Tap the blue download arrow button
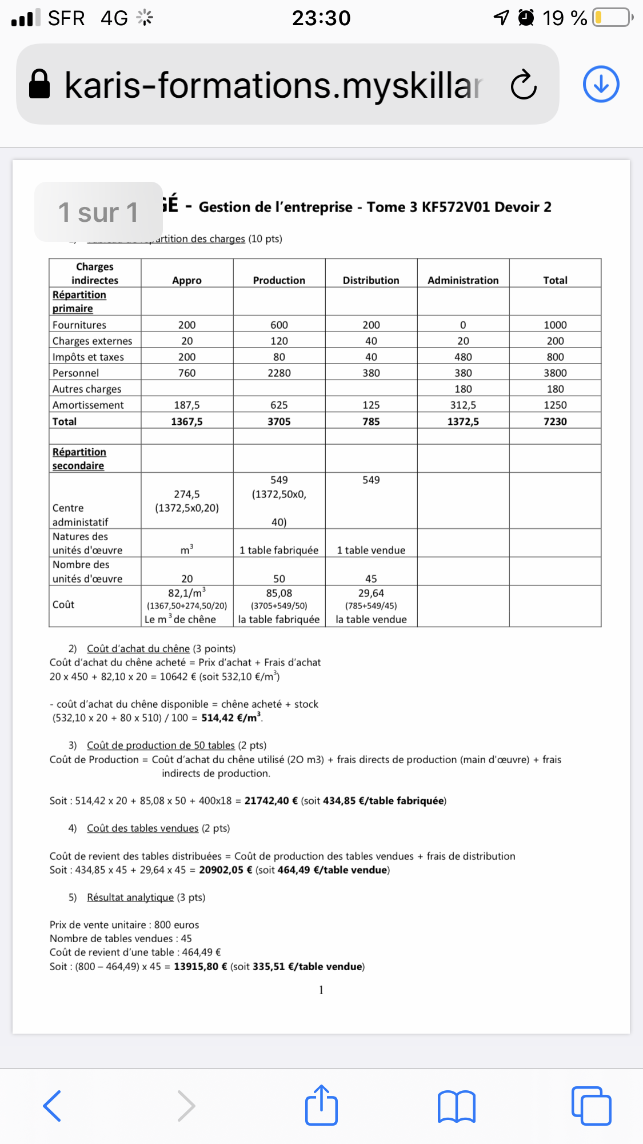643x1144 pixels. (x=601, y=84)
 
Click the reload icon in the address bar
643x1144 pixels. (x=524, y=85)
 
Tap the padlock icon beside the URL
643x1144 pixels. (x=39, y=85)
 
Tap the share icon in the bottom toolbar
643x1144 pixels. (x=321, y=1105)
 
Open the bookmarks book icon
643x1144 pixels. (x=456, y=1106)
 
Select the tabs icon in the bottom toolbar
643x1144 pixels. (x=591, y=1106)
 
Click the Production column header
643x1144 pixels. (x=279, y=280)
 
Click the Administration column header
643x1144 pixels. (x=463, y=280)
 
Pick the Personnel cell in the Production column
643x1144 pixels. (x=279, y=373)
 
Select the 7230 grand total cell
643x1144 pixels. (x=555, y=421)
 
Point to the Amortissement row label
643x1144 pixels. (x=88, y=405)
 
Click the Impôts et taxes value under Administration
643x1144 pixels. (x=463, y=357)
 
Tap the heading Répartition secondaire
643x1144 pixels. (x=79, y=459)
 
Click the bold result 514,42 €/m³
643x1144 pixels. (x=231, y=718)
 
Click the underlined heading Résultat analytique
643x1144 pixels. (x=130, y=898)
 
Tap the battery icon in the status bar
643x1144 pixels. (x=612, y=18)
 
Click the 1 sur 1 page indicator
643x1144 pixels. (x=98, y=212)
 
